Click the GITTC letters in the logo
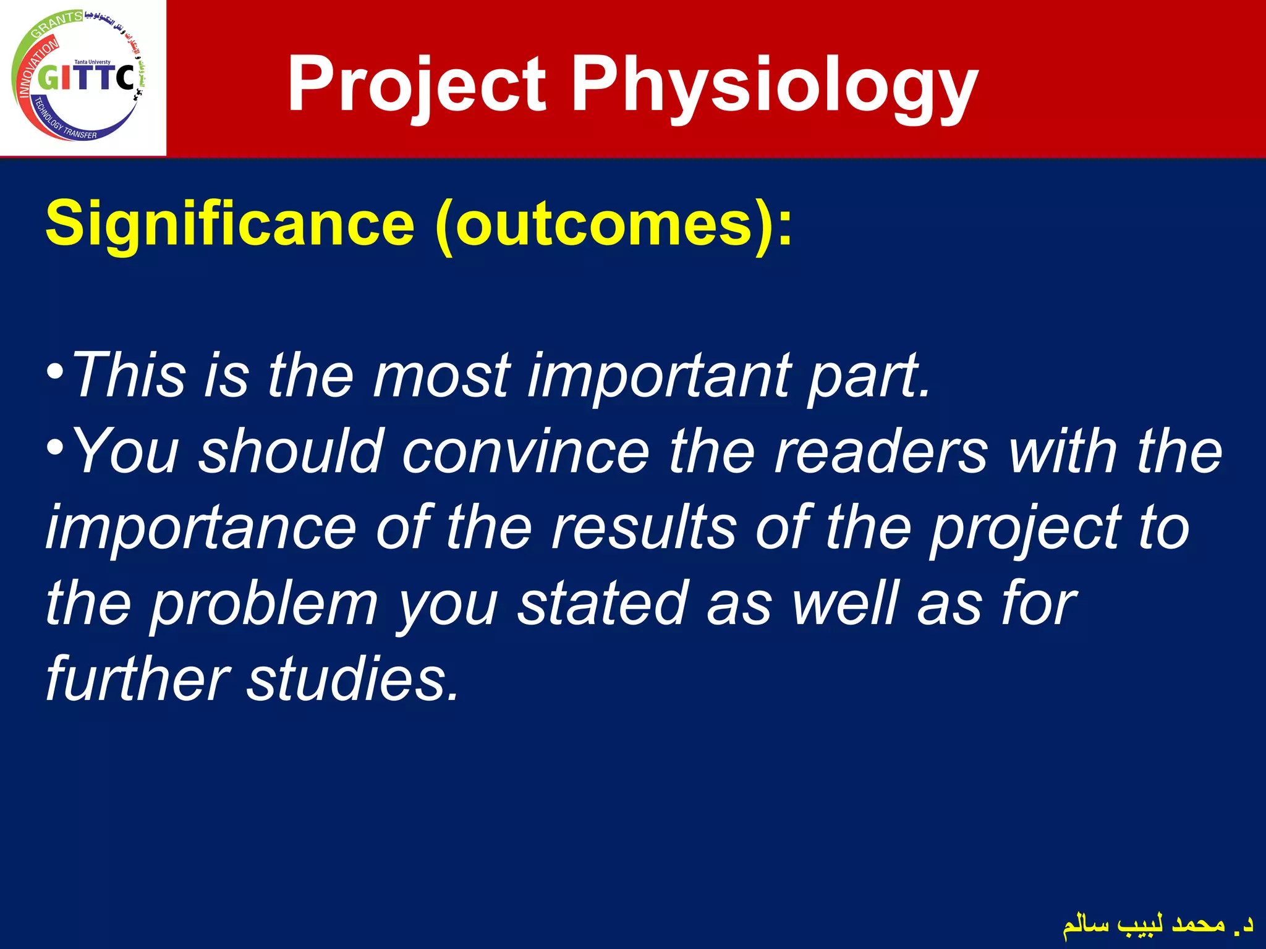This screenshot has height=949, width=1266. [87, 79]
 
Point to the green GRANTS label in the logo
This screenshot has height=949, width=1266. [57, 23]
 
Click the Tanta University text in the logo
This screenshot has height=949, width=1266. [92, 62]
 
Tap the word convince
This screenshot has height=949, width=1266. [525, 452]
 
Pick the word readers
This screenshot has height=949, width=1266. [881, 452]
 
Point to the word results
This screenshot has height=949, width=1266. [643, 528]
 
